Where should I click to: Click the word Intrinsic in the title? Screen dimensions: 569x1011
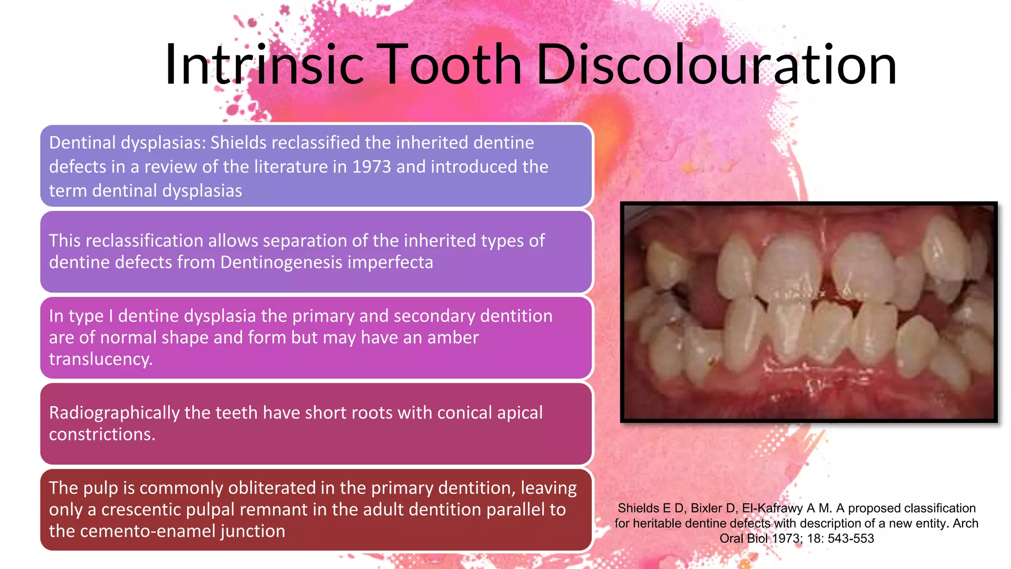[x=264, y=65]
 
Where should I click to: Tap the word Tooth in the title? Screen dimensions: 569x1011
[x=451, y=65]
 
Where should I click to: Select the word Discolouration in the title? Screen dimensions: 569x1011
[x=716, y=65]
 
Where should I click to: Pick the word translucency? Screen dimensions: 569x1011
[x=101, y=359]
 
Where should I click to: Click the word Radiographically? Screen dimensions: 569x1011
[x=114, y=412]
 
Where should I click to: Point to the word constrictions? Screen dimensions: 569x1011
[x=102, y=434]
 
